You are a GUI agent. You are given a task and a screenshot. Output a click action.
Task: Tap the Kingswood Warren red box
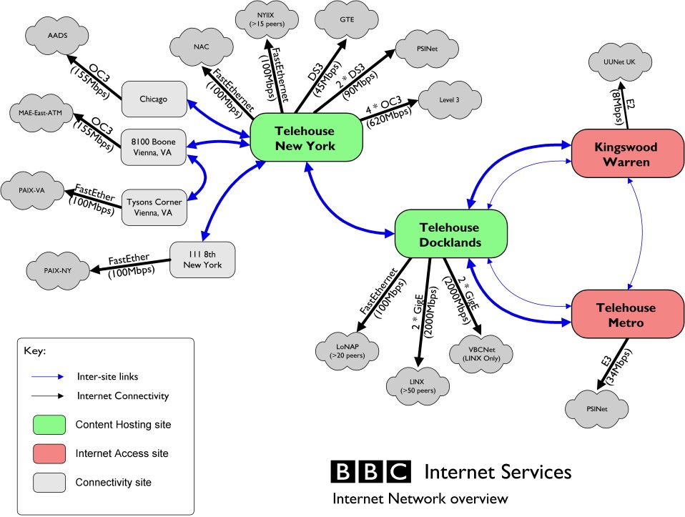tap(626, 154)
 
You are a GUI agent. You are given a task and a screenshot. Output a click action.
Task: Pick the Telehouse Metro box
tap(626, 315)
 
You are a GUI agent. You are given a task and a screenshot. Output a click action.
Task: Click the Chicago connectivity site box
tap(153, 99)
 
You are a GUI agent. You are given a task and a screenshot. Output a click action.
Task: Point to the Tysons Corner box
tap(153, 206)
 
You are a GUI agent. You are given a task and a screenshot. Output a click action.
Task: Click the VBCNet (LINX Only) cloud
tap(483, 353)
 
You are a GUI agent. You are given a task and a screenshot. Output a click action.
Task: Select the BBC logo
tap(371, 472)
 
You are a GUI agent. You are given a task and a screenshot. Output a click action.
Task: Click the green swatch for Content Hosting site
tap(49, 424)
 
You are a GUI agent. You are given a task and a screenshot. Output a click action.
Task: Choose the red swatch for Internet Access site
tap(49, 453)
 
